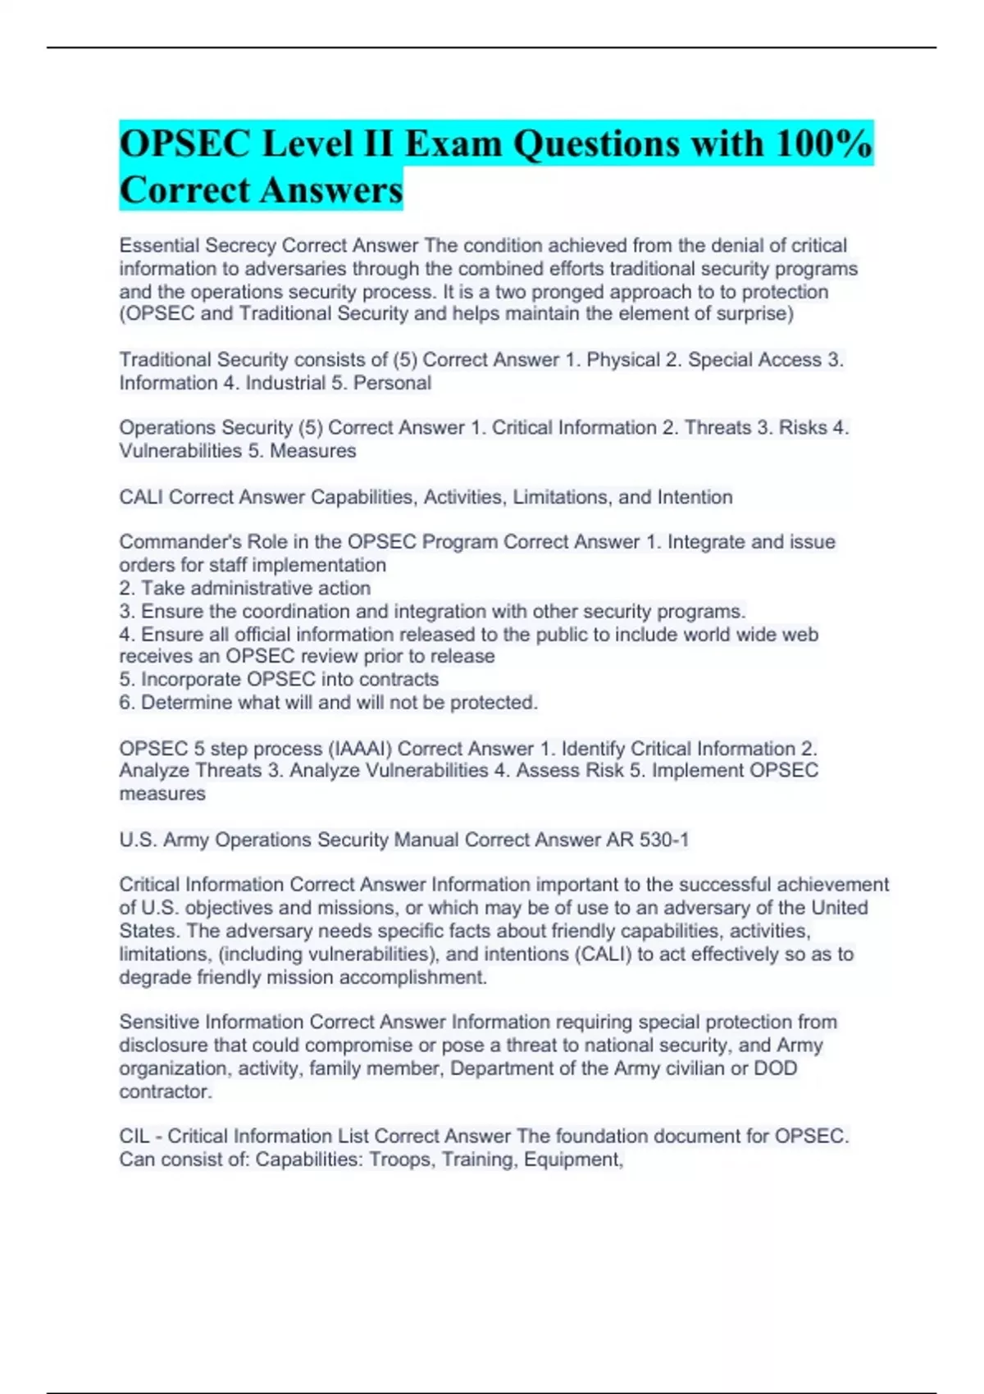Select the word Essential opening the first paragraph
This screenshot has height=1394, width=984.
click(x=159, y=245)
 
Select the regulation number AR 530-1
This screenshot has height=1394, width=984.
click(x=647, y=840)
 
